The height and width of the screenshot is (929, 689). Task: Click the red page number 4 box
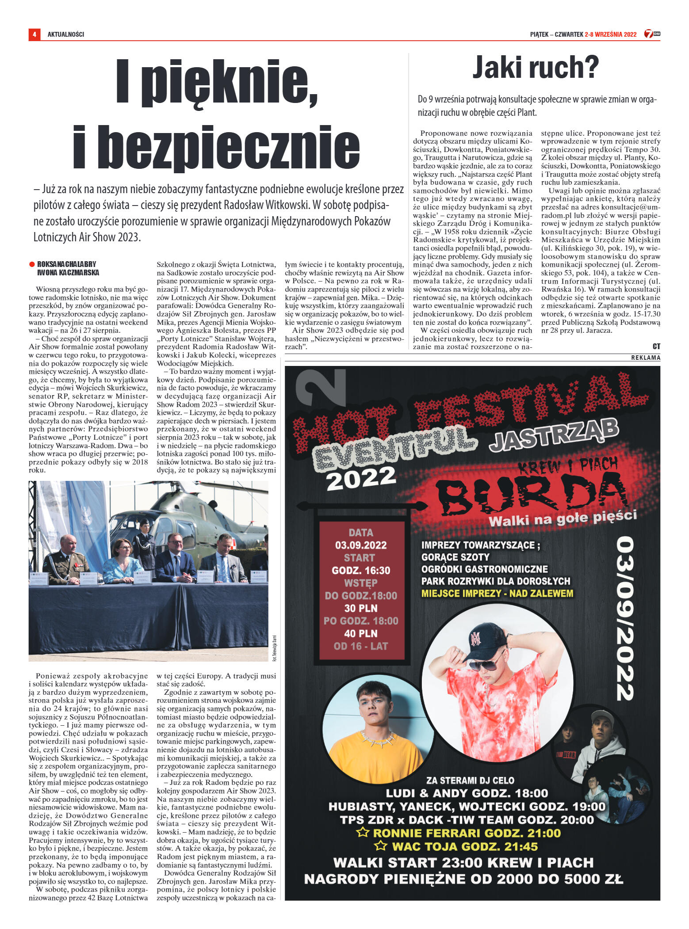(34, 34)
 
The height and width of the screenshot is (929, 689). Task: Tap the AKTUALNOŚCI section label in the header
(66, 34)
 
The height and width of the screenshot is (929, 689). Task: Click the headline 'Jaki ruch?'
(536, 68)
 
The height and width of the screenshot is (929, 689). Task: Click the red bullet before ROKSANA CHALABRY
(32, 264)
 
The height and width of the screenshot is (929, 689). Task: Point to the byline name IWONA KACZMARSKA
(68, 273)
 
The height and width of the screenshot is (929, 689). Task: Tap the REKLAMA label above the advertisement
(645, 358)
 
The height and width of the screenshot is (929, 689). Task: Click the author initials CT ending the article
(656, 346)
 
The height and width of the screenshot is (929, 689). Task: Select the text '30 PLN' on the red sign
(361, 608)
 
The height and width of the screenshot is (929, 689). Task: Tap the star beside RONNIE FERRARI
(363, 833)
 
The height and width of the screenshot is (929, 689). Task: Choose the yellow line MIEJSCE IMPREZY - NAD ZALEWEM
(497, 594)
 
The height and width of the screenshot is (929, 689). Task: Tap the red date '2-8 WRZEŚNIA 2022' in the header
(610, 34)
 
